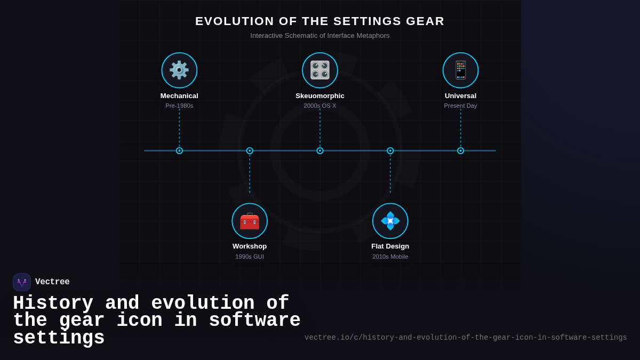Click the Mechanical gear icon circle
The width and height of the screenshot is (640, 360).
point(179,70)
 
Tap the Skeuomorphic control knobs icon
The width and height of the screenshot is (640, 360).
point(320,70)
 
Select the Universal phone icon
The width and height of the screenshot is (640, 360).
point(461,70)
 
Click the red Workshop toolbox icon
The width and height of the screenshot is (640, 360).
point(250,221)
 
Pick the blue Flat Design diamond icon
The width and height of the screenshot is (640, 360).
point(390,221)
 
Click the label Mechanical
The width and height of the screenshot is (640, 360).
point(179,96)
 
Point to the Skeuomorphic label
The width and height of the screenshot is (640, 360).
point(320,96)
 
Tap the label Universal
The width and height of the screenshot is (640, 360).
point(461,96)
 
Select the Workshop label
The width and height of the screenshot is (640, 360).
point(250,246)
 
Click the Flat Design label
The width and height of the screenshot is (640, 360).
point(390,246)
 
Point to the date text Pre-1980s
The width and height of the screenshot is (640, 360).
point(179,106)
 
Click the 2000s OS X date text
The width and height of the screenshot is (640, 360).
point(320,106)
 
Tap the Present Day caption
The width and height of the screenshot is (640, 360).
point(461,106)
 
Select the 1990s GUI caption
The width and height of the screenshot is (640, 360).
point(250,257)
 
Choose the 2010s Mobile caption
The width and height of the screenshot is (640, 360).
point(390,257)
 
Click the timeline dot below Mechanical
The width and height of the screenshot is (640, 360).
point(179,151)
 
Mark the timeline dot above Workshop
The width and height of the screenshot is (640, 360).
point(250,151)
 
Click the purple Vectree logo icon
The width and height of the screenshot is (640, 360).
point(22,282)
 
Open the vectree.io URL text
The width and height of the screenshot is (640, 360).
point(466,338)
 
